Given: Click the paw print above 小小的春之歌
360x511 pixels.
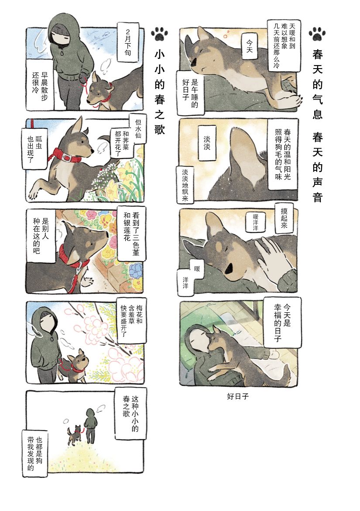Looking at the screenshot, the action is [x=160, y=34].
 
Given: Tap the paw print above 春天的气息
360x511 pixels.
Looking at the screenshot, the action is [x=317, y=34].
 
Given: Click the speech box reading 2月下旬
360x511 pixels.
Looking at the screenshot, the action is [x=127, y=42].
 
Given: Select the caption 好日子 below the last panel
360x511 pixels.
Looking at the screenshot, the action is [x=238, y=396].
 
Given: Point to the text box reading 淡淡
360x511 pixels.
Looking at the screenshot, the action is [x=207, y=143].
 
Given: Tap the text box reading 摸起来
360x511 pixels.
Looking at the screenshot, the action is [x=284, y=218].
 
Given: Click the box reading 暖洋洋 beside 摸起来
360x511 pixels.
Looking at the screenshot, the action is [x=255, y=221].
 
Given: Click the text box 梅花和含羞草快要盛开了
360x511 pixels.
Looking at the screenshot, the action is [x=131, y=320].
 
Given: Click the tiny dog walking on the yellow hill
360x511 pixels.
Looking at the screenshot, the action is [x=75, y=435].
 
